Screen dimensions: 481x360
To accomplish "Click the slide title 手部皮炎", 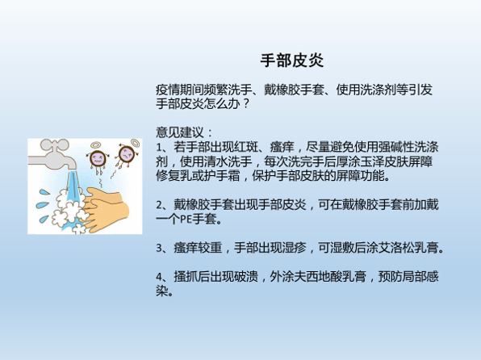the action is (x=291, y=61).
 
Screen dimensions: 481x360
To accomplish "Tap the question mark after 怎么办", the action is (x=245, y=104).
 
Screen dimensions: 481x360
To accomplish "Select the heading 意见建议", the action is (x=179, y=132).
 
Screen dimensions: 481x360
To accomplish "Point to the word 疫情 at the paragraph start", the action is (x=168, y=90).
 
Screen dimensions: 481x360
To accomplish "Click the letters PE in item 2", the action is (x=186, y=219).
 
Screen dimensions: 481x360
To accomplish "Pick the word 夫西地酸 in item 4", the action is (x=318, y=277).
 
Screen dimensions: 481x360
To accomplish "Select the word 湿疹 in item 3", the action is (x=294, y=248).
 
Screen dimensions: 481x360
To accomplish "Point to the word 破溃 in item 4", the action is (x=246, y=277).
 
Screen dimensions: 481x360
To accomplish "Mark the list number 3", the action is (x=159, y=248).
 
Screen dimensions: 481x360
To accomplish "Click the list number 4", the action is (x=159, y=277).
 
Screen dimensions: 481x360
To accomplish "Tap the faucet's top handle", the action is (x=55, y=144).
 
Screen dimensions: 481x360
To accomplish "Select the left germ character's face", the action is (x=98, y=158).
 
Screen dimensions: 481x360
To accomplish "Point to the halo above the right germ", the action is (x=136, y=143).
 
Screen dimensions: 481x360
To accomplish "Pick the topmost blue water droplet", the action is (x=44, y=192).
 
